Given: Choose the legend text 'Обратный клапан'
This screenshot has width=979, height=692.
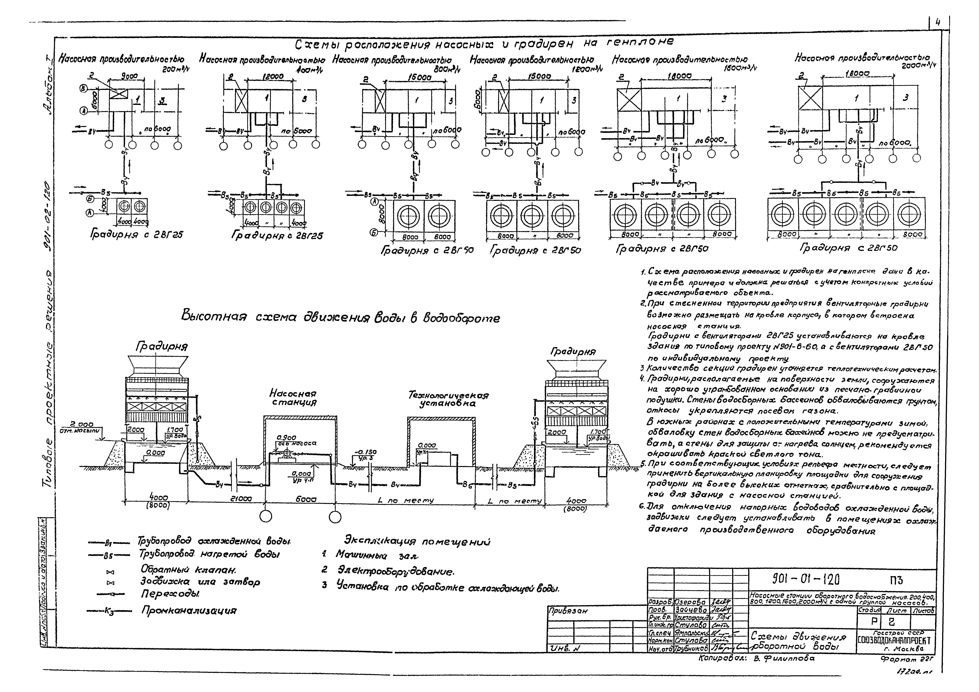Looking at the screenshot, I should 188,570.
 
